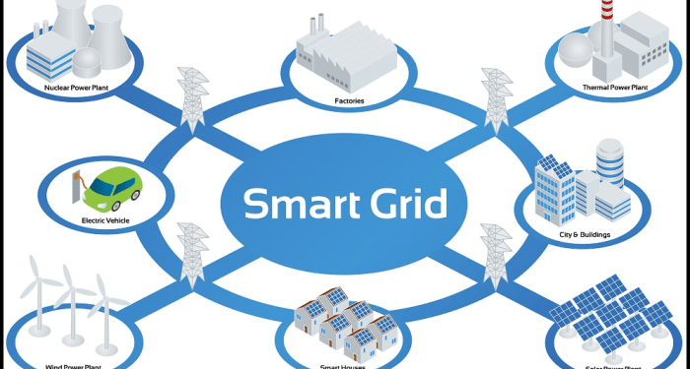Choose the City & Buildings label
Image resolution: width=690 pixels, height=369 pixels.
(x=583, y=234)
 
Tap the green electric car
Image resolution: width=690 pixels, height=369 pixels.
(x=108, y=184)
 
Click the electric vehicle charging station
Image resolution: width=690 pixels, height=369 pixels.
(x=75, y=187)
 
